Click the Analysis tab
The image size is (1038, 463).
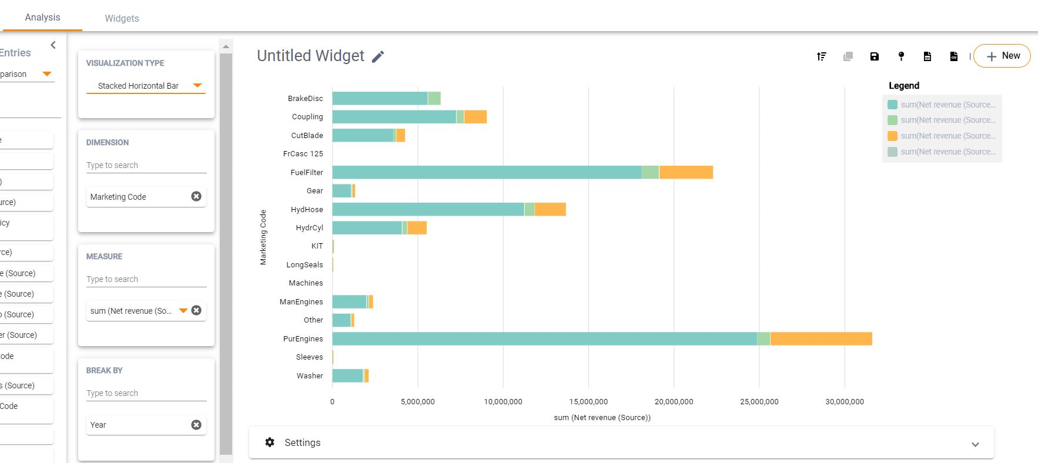42,18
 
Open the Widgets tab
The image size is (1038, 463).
122,18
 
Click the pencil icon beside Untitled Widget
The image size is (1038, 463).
378,56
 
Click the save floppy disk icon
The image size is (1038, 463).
874,56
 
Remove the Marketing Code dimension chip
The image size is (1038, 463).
196,196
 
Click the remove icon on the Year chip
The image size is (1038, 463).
196,425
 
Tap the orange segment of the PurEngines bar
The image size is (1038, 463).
821,338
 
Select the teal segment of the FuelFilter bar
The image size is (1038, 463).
486,172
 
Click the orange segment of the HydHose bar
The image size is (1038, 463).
550,209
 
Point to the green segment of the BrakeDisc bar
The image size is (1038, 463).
434,98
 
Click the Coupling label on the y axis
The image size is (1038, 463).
307,117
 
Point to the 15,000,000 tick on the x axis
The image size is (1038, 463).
588,402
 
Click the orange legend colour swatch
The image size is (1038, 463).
892,136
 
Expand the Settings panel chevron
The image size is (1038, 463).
975,444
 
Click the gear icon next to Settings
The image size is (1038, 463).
270,442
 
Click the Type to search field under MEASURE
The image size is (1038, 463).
146,279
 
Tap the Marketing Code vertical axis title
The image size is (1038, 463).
263,237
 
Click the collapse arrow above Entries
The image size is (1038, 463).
53,45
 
